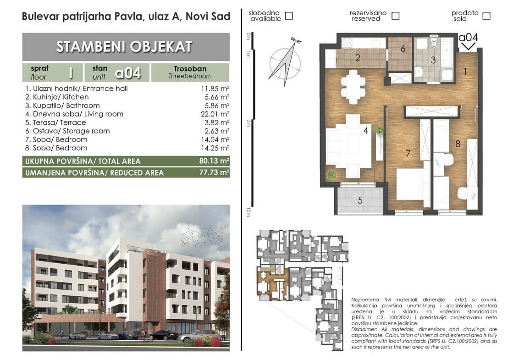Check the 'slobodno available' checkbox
[289, 16]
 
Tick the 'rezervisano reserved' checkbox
[395, 16]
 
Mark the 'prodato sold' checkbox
[486, 16]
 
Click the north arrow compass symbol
[285, 62]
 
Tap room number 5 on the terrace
[360, 200]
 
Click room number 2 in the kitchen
[358, 58]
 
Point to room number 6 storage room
[403, 49]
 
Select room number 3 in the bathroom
[433, 60]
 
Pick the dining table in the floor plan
[353, 87]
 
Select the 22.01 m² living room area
[215, 114]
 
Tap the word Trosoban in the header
[190, 68]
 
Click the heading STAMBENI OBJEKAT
[124, 47]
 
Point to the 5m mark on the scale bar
[248, 123]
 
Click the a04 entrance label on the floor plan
[468, 38]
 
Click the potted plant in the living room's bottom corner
[331, 175]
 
